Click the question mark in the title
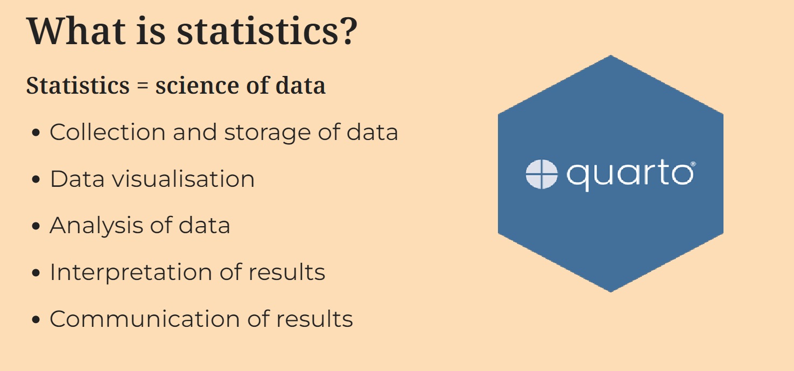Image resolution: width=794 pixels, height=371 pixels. (x=348, y=31)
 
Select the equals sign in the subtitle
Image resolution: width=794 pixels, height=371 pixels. (x=143, y=86)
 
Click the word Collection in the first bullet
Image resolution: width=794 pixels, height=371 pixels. (x=108, y=132)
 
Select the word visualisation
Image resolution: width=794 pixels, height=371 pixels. (x=183, y=179)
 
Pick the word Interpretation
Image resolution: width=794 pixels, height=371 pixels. (x=131, y=273)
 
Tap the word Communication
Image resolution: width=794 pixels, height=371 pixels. (x=145, y=319)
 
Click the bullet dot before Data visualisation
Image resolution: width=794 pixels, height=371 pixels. (x=36, y=179)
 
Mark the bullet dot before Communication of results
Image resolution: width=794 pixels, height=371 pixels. (x=36, y=319)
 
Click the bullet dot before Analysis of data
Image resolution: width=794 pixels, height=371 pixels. (x=36, y=226)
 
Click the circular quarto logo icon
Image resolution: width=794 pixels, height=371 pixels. (x=542, y=174)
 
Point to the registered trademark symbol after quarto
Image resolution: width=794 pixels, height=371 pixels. (x=693, y=164)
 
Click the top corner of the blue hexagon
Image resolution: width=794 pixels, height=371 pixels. (x=610, y=55)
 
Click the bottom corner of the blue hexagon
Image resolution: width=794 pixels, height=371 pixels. (x=610, y=292)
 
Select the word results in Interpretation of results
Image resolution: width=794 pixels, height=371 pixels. (x=287, y=272)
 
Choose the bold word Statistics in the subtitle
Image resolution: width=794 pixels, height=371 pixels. (x=78, y=86)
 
